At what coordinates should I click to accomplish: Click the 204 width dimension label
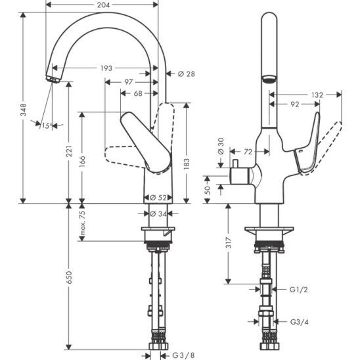click(x=103, y=5)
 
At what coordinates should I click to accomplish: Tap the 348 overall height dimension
click(x=23, y=110)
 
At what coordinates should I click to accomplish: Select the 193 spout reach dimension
click(x=106, y=68)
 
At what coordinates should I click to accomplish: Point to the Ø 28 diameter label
click(x=186, y=74)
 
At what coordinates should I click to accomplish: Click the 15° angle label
click(x=47, y=125)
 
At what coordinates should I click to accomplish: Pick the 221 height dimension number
click(x=70, y=151)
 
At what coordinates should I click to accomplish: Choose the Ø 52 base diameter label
click(x=158, y=198)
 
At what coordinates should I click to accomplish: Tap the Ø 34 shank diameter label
click(x=158, y=214)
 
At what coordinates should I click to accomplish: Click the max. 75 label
click(x=82, y=223)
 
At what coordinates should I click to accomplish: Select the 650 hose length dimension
click(x=69, y=277)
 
